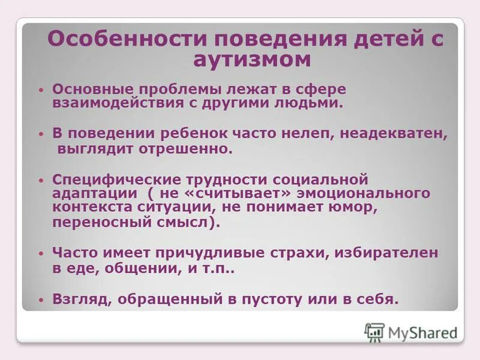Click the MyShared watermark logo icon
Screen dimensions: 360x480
(374, 332)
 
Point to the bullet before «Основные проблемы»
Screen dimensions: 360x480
(40, 89)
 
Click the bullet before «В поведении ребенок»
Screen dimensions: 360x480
(40, 134)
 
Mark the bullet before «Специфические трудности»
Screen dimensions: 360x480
(40, 179)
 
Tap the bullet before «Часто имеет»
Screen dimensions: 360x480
(40, 254)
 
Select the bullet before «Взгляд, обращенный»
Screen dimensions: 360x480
(40, 298)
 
